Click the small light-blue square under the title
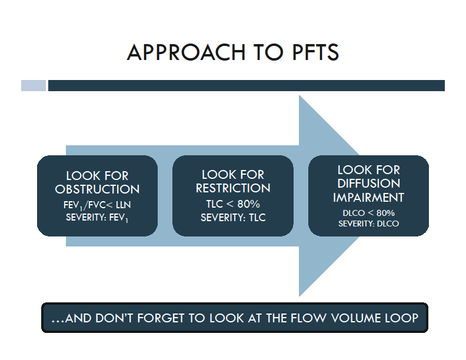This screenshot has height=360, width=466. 34,86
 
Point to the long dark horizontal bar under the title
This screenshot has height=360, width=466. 246,86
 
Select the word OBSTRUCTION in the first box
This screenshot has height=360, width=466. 97,189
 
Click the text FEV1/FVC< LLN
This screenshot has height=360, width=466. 97,205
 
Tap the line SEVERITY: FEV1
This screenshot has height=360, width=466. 97,218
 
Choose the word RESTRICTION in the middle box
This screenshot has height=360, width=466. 233,189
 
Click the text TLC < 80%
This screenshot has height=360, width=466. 233,204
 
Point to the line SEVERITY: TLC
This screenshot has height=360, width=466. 233,218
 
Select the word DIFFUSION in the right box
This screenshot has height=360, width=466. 369,184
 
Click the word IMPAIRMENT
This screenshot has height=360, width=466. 369,198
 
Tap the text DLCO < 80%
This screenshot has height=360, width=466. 369,213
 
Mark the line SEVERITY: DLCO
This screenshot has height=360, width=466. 369,224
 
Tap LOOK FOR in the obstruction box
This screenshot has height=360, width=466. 97,176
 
